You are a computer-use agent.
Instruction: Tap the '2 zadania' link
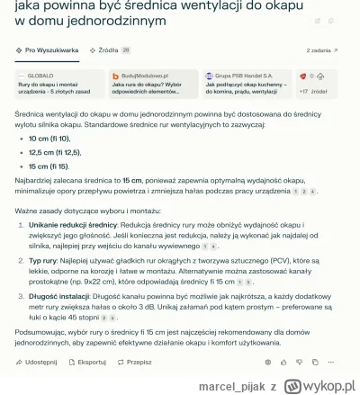(x=321, y=51)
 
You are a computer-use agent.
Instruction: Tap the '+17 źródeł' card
(x=318, y=84)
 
